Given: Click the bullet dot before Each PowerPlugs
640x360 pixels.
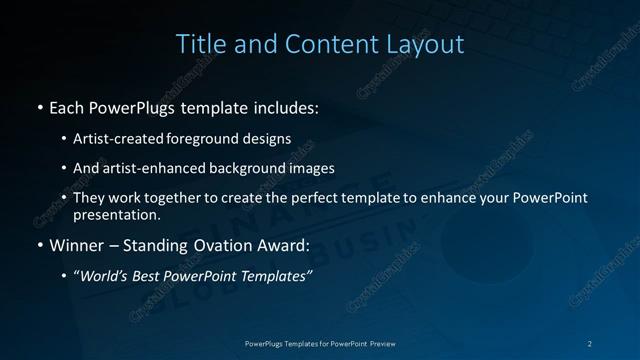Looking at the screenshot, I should coord(39,105).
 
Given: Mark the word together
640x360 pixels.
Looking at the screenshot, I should coord(176,198).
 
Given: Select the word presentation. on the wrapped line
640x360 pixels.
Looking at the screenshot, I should coord(116,214).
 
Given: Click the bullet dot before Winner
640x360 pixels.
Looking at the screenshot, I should coord(39,244).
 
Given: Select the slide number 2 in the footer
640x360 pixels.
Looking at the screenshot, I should coord(590,343).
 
